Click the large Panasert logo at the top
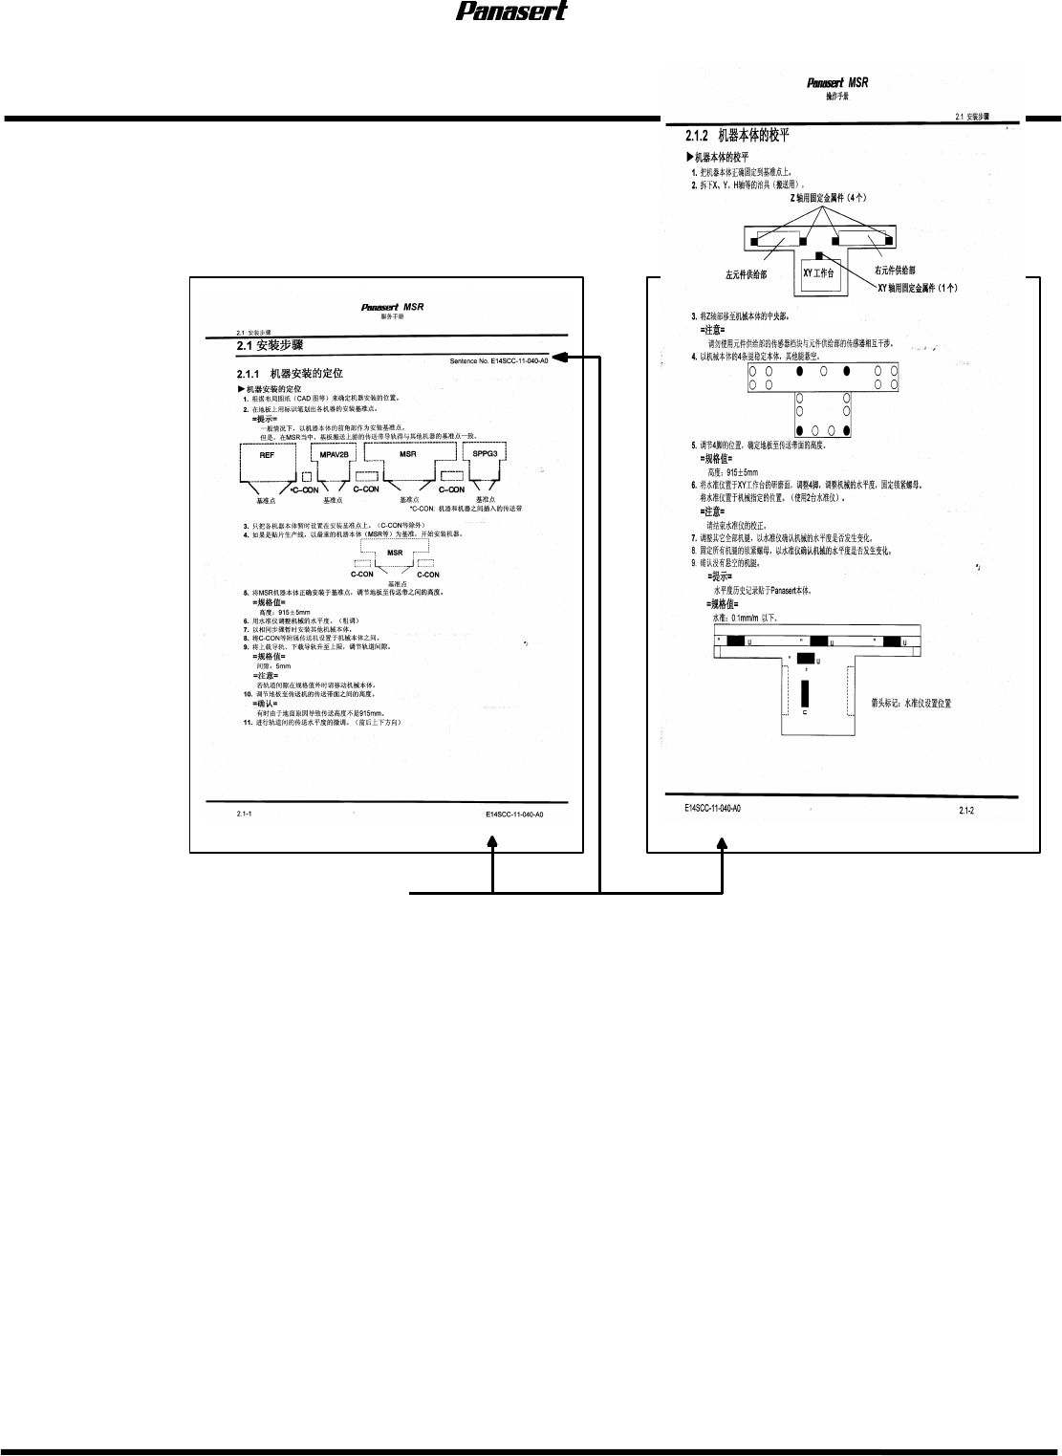pos(510,11)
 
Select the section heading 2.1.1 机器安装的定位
pos(290,373)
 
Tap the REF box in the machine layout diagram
pos(268,455)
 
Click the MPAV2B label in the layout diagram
pos(334,454)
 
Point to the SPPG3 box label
pos(485,453)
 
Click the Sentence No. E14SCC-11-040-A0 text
pos(499,361)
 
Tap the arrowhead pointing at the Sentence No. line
pos(559,359)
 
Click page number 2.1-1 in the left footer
pos(245,814)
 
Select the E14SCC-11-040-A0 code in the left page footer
pos(514,815)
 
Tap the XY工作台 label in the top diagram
pos(818,273)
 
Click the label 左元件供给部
pos(746,275)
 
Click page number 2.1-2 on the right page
pos(966,812)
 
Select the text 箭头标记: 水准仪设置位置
pos(911,703)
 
